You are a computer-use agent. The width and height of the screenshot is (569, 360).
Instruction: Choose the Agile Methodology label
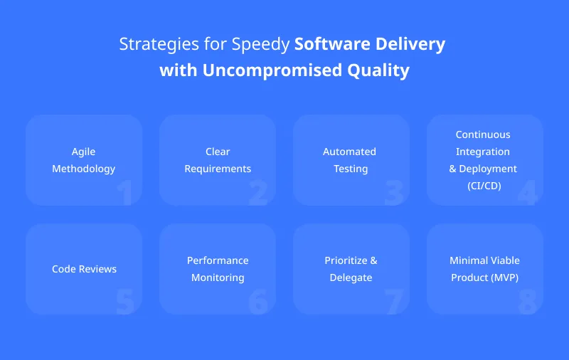(x=83, y=160)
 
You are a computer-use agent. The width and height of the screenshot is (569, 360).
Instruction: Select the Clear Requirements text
(x=218, y=160)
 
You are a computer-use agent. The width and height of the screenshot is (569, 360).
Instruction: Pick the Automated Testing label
(x=351, y=160)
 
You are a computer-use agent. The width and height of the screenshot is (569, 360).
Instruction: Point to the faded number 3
(x=393, y=193)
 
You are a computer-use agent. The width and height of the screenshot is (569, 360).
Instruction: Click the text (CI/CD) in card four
(x=484, y=186)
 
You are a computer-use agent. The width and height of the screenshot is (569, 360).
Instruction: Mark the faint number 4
(x=526, y=193)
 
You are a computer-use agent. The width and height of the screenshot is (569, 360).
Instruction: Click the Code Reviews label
(x=84, y=269)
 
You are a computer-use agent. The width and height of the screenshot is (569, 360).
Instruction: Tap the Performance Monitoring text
(x=218, y=269)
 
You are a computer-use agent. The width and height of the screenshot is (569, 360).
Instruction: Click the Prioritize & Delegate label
(x=351, y=269)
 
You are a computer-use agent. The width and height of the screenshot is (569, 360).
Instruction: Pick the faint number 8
(x=526, y=302)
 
